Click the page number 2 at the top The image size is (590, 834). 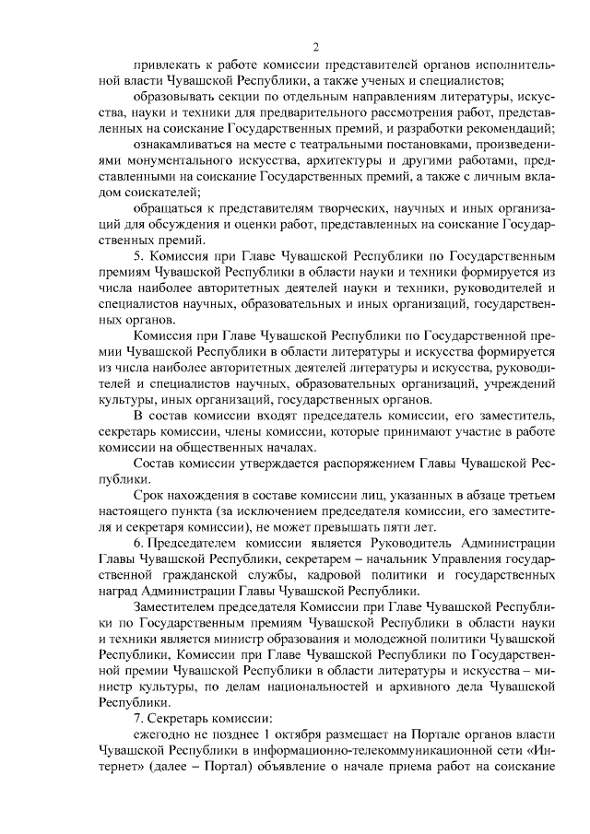pos(315,47)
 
